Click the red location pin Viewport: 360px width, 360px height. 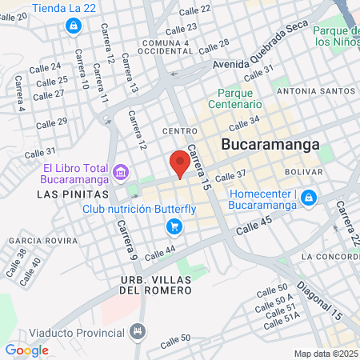(x=180, y=163)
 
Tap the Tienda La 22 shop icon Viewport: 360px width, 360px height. (x=73, y=26)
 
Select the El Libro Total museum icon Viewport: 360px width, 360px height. (x=121, y=170)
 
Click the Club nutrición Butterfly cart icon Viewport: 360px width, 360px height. (x=174, y=227)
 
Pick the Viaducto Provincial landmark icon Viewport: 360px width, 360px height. (x=138, y=330)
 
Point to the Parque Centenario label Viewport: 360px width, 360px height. (x=236, y=98)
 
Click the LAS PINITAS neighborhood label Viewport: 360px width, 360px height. (x=66, y=194)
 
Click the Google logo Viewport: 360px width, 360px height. (x=26, y=350)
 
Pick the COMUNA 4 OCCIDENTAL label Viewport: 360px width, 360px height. (x=166, y=46)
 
